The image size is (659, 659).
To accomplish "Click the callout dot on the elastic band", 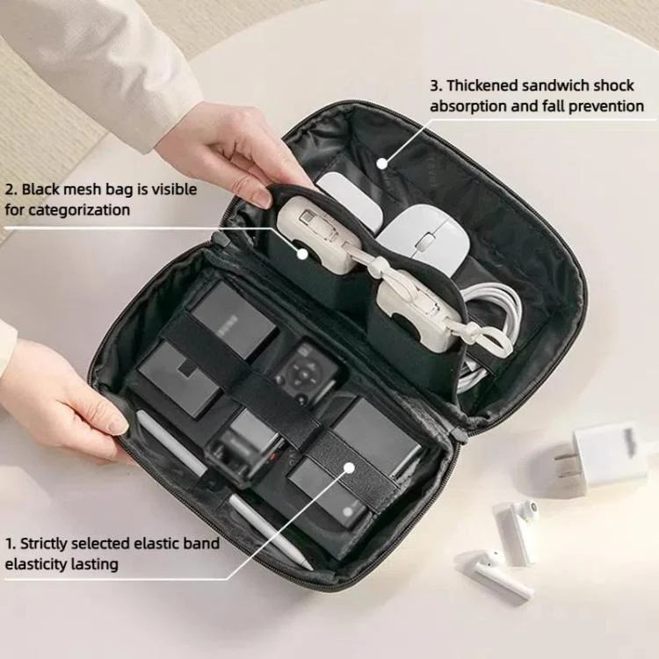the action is (349, 467).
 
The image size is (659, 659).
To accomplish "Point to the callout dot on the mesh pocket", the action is (302, 253).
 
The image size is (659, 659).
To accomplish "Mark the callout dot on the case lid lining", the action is (381, 163).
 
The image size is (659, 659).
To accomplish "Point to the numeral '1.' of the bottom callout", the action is (11, 544).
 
